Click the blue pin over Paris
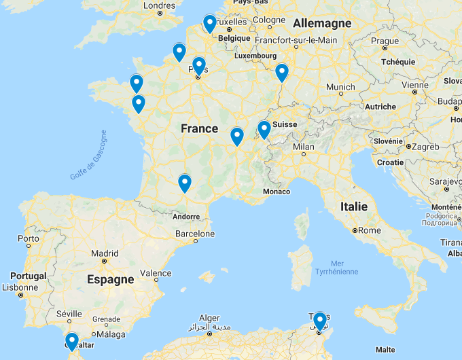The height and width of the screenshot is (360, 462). coord(199,65)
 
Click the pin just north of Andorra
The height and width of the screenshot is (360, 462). coord(184,183)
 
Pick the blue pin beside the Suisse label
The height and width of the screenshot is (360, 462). coord(264,128)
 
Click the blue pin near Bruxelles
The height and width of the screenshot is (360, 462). coord(209,24)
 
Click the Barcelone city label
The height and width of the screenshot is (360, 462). coord(195,234)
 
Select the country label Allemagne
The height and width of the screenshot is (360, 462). coord(322,23)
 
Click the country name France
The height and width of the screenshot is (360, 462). coord(199,128)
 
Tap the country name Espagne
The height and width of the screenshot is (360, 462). coord(110,279)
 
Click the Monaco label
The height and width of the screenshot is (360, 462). coord(276,192)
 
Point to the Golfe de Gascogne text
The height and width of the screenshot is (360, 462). coord(88,156)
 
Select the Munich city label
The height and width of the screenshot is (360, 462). coord(340,87)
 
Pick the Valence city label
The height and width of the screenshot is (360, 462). coord(156,274)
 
